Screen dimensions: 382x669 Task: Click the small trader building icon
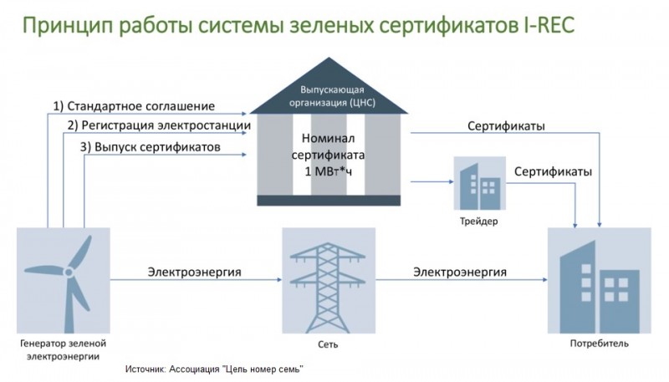click(x=477, y=183)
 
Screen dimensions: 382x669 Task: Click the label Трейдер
click(x=477, y=222)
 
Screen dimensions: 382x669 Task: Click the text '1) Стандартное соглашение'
click(x=134, y=106)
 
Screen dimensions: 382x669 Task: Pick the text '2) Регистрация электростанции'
click(x=159, y=125)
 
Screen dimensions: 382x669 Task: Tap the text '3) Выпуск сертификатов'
click(x=151, y=146)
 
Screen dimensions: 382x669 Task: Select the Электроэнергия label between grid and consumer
click(x=459, y=272)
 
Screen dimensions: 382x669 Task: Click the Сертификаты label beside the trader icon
click(x=553, y=171)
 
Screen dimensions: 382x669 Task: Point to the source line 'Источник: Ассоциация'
click(x=213, y=369)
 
